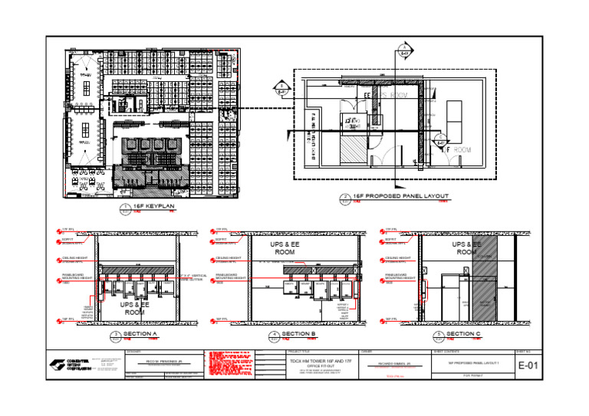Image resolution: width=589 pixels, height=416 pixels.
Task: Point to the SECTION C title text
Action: point(463,334)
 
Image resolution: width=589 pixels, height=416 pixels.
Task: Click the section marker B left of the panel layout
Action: point(281,88)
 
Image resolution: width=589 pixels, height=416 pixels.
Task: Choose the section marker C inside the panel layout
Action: point(441,139)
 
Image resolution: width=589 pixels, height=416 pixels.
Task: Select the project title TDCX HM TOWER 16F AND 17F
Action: point(311,359)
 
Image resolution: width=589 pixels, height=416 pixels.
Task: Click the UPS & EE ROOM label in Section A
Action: point(135,308)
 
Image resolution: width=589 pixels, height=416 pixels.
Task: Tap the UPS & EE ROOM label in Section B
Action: point(285,247)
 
